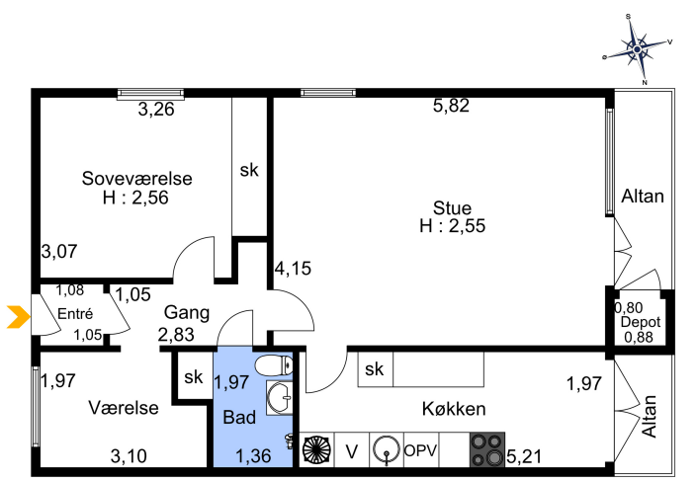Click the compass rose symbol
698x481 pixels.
(x=638, y=49)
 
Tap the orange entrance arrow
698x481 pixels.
(x=18, y=317)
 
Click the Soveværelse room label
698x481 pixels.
(x=137, y=178)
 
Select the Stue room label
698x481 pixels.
(x=452, y=208)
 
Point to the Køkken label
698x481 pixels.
(x=454, y=409)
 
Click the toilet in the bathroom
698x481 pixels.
(x=274, y=365)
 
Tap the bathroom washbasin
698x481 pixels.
(x=280, y=397)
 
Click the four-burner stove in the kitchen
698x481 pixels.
(x=487, y=449)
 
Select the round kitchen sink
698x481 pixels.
(x=387, y=449)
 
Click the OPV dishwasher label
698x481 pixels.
(x=420, y=450)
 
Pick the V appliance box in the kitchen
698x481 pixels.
(x=352, y=449)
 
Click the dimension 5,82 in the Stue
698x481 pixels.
(x=452, y=106)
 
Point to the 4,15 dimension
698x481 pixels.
(x=293, y=269)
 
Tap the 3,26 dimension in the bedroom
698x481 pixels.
(x=156, y=110)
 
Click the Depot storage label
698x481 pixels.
(x=641, y=322)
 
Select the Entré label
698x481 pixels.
(x=75, y=314)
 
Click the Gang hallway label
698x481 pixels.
(x=187, y=313)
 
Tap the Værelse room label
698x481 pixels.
(x=124, y=408)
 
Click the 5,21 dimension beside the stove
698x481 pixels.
(x=524, y=456)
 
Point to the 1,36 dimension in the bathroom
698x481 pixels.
(x=253, y=456)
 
